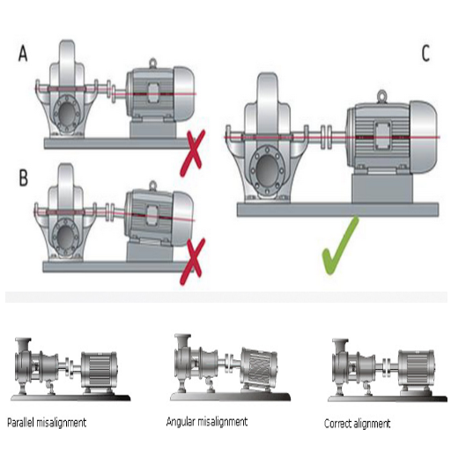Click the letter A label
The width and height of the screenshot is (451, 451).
coord(23,55)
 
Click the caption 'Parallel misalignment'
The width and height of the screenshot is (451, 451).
coord(46,422)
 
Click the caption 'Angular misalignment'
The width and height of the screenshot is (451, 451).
coord(207,422)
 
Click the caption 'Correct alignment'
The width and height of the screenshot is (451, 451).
coord(357,424)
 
